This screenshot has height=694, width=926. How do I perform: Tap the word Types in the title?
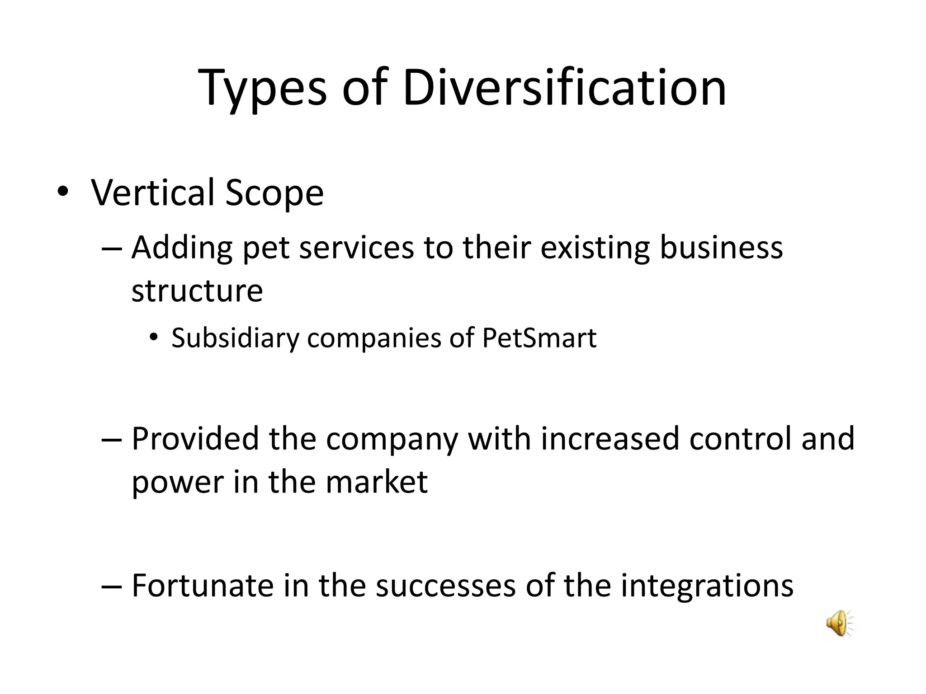click(x=262, y=89)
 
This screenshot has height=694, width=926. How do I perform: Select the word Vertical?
click(x=153, y=192)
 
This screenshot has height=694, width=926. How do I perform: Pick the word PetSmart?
click(x=539, y=338)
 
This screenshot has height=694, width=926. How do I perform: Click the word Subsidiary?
click(x=235, y=338)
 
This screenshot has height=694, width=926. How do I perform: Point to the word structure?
click(x=197, y=291)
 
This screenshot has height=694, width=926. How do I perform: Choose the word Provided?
click(x=195, y=438)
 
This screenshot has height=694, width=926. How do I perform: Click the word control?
click(x=740, y=438)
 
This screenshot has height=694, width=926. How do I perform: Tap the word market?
click(x=376, y=482)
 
